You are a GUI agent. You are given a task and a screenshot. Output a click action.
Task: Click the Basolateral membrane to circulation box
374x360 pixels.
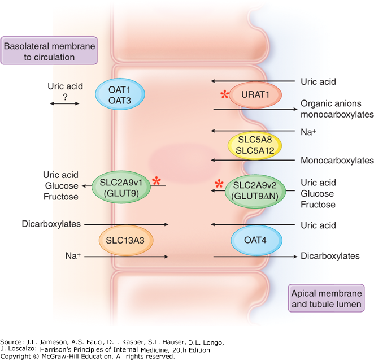[x=49, y=50]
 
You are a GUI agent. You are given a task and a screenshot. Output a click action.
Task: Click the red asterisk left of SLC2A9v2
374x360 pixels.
[x=218, y=184]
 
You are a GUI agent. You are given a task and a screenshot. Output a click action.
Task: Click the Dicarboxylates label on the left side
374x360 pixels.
[x=50, y=224]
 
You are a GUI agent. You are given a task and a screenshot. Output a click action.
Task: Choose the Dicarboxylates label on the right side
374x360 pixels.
[x=330, y=256]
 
